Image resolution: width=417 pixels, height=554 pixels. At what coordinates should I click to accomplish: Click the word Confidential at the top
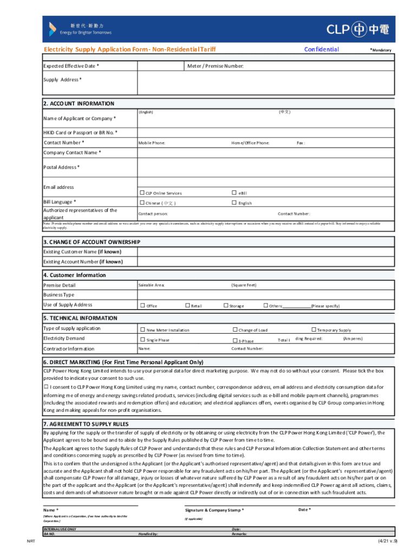pyautogui.click(x=322, y=49)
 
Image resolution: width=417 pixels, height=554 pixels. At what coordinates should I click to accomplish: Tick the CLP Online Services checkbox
pyautogui.click(x=142, y=193)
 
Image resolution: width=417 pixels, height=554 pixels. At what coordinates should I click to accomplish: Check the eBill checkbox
pyautogui.click(x=234, y=193)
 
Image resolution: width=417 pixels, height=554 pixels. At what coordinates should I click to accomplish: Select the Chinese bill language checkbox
pyautogui.click(x=142, y=203)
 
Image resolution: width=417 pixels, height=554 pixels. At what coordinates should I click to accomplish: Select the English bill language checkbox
pyautogui.click(x=234, y=203)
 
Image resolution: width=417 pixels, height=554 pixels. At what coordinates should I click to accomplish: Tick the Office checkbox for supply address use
pyautogui.click(x=143, y=306)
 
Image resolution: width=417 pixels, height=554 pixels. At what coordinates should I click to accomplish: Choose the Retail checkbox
pyautogui.click(x=188, y=306)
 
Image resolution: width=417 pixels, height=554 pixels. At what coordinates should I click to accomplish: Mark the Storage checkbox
pyautogui.click(x=226, y=306)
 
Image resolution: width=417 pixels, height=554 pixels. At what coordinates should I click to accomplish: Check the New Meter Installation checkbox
pyautogui.click(x=143, y=329)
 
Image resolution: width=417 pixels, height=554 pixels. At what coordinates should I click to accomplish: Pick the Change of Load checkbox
pyautogui.click(x=235, y=329)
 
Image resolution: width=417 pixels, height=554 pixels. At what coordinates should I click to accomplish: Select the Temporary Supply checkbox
pyautogui.click(x=313, y=329)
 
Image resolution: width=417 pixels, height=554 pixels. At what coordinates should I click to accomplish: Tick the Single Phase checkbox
pyautogui.click(x=143, y=340)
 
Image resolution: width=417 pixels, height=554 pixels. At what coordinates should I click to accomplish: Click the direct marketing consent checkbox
pyautogui.click(x=46, y=387)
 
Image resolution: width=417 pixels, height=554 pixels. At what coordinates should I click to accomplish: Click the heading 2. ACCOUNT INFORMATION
pyautogui.click(x=79, y=103)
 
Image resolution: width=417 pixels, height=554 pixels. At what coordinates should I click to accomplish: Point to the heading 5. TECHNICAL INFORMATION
pyautogui.click(x=80, y=318)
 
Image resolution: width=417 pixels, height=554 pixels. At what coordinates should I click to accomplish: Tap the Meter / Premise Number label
pyautogui.click(x=215, y=66)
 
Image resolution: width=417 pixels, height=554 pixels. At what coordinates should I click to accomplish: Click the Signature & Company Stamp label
pyautogui.click(x=214, y=510)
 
